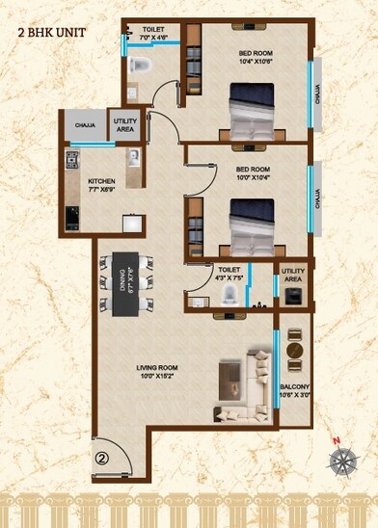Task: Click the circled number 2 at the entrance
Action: tap(103, 459)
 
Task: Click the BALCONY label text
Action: tap(293, 390)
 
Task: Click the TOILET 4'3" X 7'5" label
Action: tap(229, 275)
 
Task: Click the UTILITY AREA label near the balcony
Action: tap(293, 276)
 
